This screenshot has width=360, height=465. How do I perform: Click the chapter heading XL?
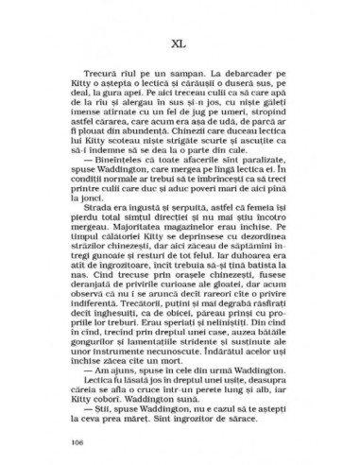[x=180, y=41]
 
